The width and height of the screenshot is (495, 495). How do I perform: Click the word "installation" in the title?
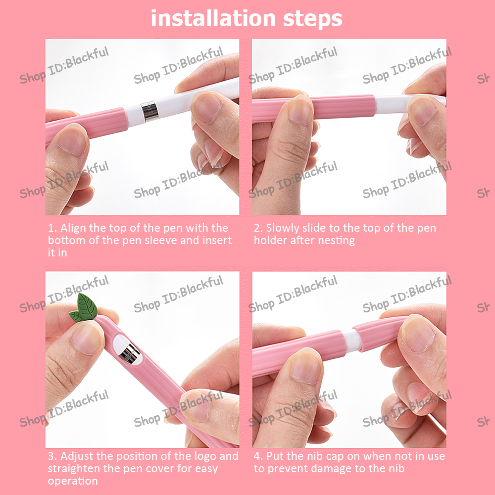click(x=213, y=18)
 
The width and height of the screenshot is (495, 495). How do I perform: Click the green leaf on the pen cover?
click(x=84, y=307)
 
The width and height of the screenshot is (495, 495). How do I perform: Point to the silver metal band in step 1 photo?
click(x=149, y=111)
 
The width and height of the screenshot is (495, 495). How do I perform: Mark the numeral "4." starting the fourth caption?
click(x=258, y=456)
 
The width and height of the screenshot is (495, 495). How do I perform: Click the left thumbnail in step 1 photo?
click(x=72, y=141)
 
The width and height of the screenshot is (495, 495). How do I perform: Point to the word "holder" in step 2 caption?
click(x=271, y=240)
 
